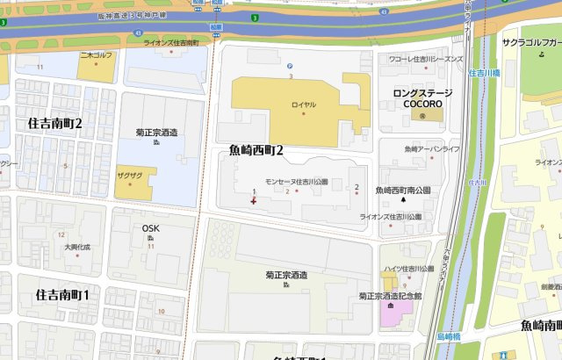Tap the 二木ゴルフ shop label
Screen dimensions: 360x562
97,54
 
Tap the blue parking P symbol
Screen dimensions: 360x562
290,65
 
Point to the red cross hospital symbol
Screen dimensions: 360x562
254,201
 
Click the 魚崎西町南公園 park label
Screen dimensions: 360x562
403,190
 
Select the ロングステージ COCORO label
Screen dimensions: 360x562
421,97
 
